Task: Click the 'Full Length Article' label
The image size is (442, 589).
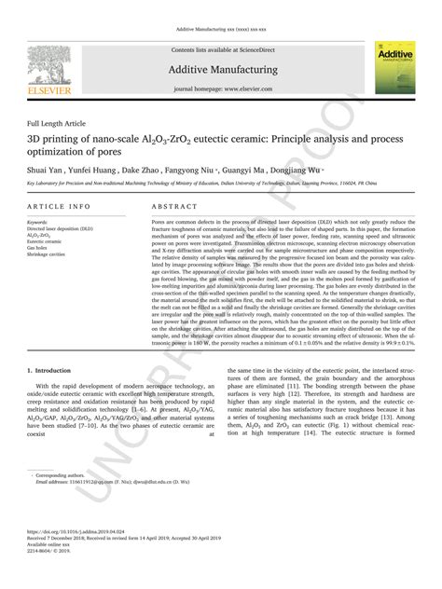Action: tap(57, 123)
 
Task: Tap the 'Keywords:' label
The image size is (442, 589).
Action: tap(38, 223)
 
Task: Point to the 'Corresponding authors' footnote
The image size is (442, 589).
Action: tap(65, 474)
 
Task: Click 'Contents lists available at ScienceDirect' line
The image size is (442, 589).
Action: tap(221, 49)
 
